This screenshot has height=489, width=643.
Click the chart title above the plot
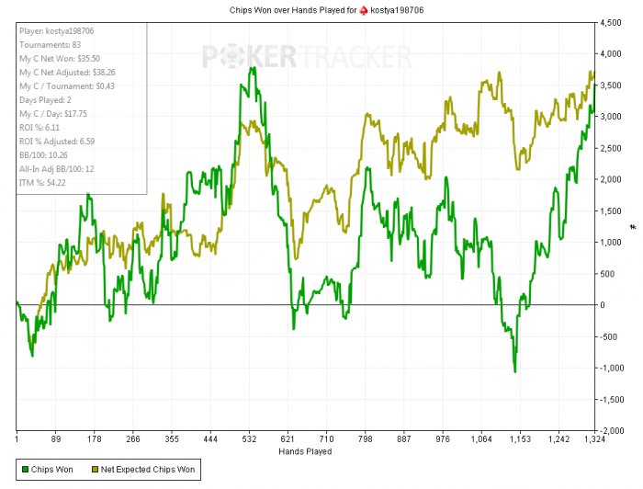(321, 9)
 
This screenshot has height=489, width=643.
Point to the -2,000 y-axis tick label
(609, 430)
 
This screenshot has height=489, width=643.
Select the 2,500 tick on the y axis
(610, 147)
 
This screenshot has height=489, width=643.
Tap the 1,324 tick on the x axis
(595, 439)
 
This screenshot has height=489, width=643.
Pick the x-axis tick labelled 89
(56, 439)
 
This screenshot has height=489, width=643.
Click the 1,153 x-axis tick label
(519, 439)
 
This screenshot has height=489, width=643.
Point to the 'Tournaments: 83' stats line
(45, 44)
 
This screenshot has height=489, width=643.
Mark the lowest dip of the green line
(515, 371)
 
